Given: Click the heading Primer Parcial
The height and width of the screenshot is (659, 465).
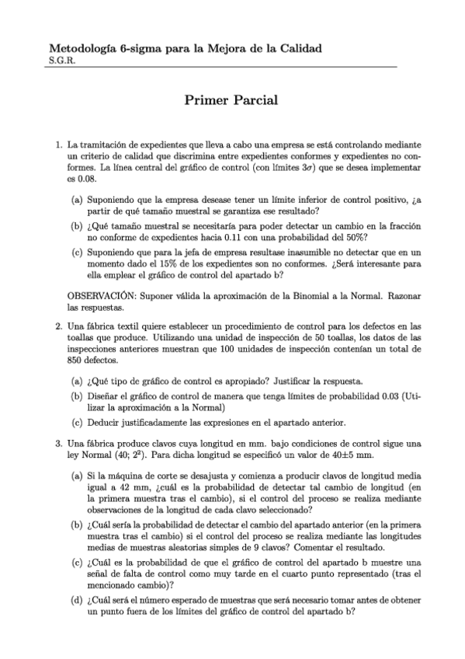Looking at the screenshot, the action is pos(231,100).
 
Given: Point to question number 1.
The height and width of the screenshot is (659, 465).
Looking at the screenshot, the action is pos(58,145).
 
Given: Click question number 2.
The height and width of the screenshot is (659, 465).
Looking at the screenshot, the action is pos(58,326).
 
